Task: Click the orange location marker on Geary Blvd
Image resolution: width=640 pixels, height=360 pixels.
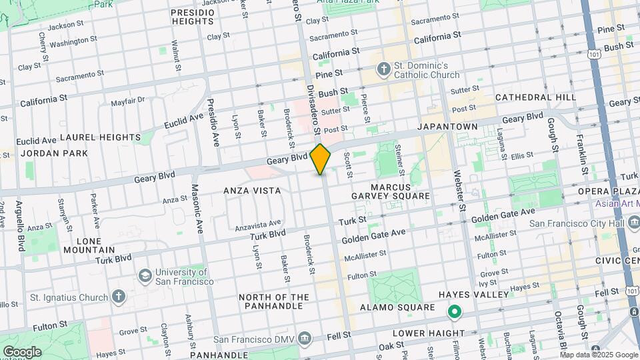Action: pos(321,159)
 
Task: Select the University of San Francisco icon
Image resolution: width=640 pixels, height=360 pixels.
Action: pos(144,276)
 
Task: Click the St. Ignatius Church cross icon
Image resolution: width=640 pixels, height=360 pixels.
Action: pos(118,296)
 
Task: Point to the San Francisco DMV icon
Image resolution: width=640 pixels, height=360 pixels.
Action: pos(305,338)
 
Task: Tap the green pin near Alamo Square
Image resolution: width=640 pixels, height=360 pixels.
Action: pos(455,311)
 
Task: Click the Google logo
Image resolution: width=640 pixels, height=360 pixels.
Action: pos(21,351)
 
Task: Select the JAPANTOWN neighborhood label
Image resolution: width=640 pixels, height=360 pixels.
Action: pos(447,127)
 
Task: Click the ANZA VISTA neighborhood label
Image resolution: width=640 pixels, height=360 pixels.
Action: pos(252,191)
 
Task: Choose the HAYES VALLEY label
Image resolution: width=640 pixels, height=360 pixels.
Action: pos(468,294)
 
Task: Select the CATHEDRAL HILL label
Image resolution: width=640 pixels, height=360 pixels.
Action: pos(535,97)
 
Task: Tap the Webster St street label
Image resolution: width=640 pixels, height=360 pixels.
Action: pos(461,191)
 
